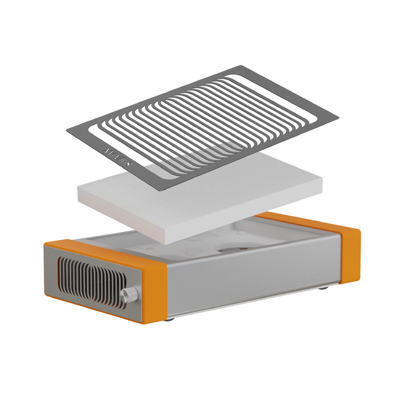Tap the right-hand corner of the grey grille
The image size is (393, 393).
[x=337, y=119]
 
